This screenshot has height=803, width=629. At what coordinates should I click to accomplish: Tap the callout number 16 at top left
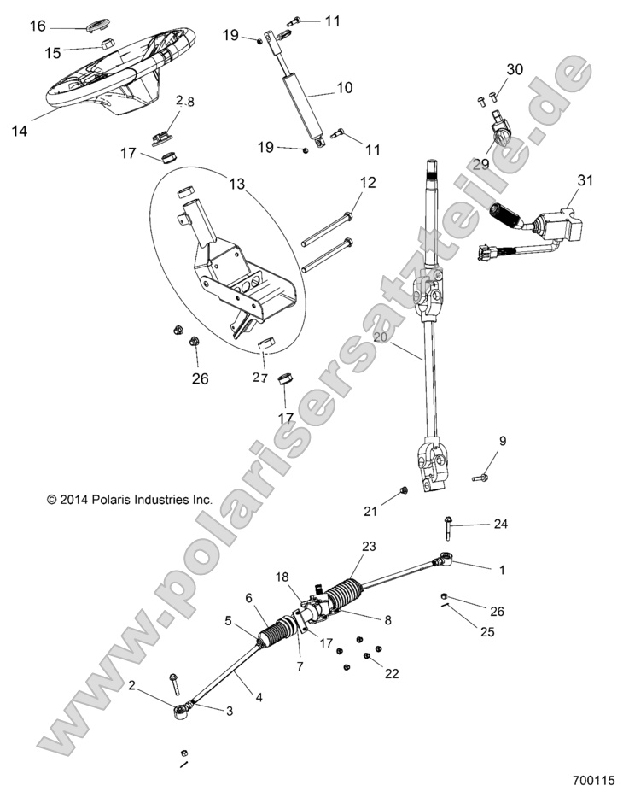click(38, 26)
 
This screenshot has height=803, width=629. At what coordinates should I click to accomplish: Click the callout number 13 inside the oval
click(236, 182)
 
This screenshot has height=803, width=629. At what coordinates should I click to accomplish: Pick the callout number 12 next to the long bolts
click(367, 182)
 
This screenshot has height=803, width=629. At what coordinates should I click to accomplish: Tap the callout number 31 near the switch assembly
click(585, 180)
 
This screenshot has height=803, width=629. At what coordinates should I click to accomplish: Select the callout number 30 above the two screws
click(515, 69)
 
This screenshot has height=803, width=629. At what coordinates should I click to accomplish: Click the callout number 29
click(480, 164)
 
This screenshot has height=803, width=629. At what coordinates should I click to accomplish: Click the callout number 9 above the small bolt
click(503, 441)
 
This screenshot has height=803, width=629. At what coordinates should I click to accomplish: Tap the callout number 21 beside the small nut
click(370, 511)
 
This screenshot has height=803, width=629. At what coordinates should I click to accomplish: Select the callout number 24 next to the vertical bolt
click(500, 524)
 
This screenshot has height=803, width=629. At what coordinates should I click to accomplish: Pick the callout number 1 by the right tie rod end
click(502, 568)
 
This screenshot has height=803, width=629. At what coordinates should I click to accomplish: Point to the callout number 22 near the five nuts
click(392, 673)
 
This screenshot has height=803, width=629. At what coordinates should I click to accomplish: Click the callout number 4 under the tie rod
click(259, 697)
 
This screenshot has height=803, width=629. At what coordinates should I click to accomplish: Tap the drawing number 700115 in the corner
click(593, 781)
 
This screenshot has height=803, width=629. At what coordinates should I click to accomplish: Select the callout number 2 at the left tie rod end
click(132, 685)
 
